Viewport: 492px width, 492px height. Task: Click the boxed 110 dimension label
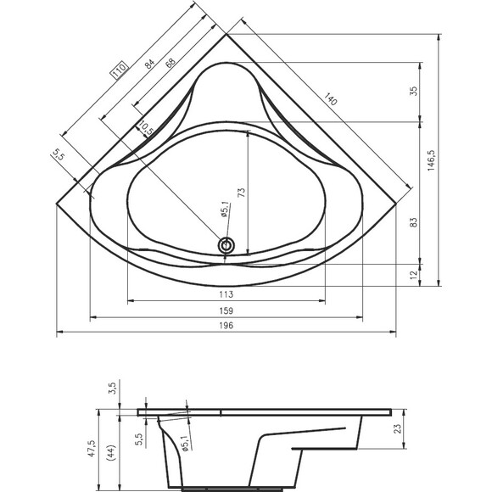click(120, 70)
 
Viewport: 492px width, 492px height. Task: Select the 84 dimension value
click(149, 64)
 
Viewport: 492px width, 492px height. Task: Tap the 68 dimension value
click(171, 62)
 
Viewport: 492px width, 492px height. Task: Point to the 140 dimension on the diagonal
click(331, 99)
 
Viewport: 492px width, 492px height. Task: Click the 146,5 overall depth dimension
click(432, 160)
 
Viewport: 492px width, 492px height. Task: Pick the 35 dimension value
click(414, 91)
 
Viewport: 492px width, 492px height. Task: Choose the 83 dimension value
click(414, 222)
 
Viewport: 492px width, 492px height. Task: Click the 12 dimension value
click(414, 274)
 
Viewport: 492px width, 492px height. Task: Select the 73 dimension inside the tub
click(242, 193)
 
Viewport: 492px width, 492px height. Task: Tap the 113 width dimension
click(226, 294)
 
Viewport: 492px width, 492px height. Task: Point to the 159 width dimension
click(226, 310)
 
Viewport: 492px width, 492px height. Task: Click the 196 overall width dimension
click(226, 326)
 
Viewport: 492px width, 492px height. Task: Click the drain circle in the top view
click(226, 245)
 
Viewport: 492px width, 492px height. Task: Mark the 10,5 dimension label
click(146, 128)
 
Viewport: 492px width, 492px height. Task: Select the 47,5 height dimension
click(92, 448)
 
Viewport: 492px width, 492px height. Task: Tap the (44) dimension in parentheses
click(112, 452)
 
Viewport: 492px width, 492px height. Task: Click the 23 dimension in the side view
click(398, 428)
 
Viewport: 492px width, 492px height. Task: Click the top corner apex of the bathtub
click(226, 34)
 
